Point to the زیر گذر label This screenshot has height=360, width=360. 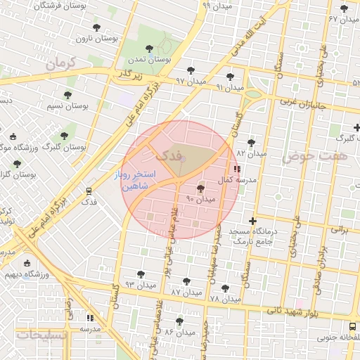129,73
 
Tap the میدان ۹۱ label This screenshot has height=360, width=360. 229,87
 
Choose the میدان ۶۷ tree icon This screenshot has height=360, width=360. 344,9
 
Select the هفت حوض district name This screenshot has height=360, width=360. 315,156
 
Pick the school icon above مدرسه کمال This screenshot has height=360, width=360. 236,169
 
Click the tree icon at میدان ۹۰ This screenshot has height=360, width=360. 201,188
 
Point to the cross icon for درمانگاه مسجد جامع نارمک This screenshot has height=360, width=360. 253,221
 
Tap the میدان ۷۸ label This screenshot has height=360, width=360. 224,299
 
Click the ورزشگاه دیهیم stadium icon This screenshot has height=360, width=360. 27,264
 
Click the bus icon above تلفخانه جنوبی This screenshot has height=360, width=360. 353,327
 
